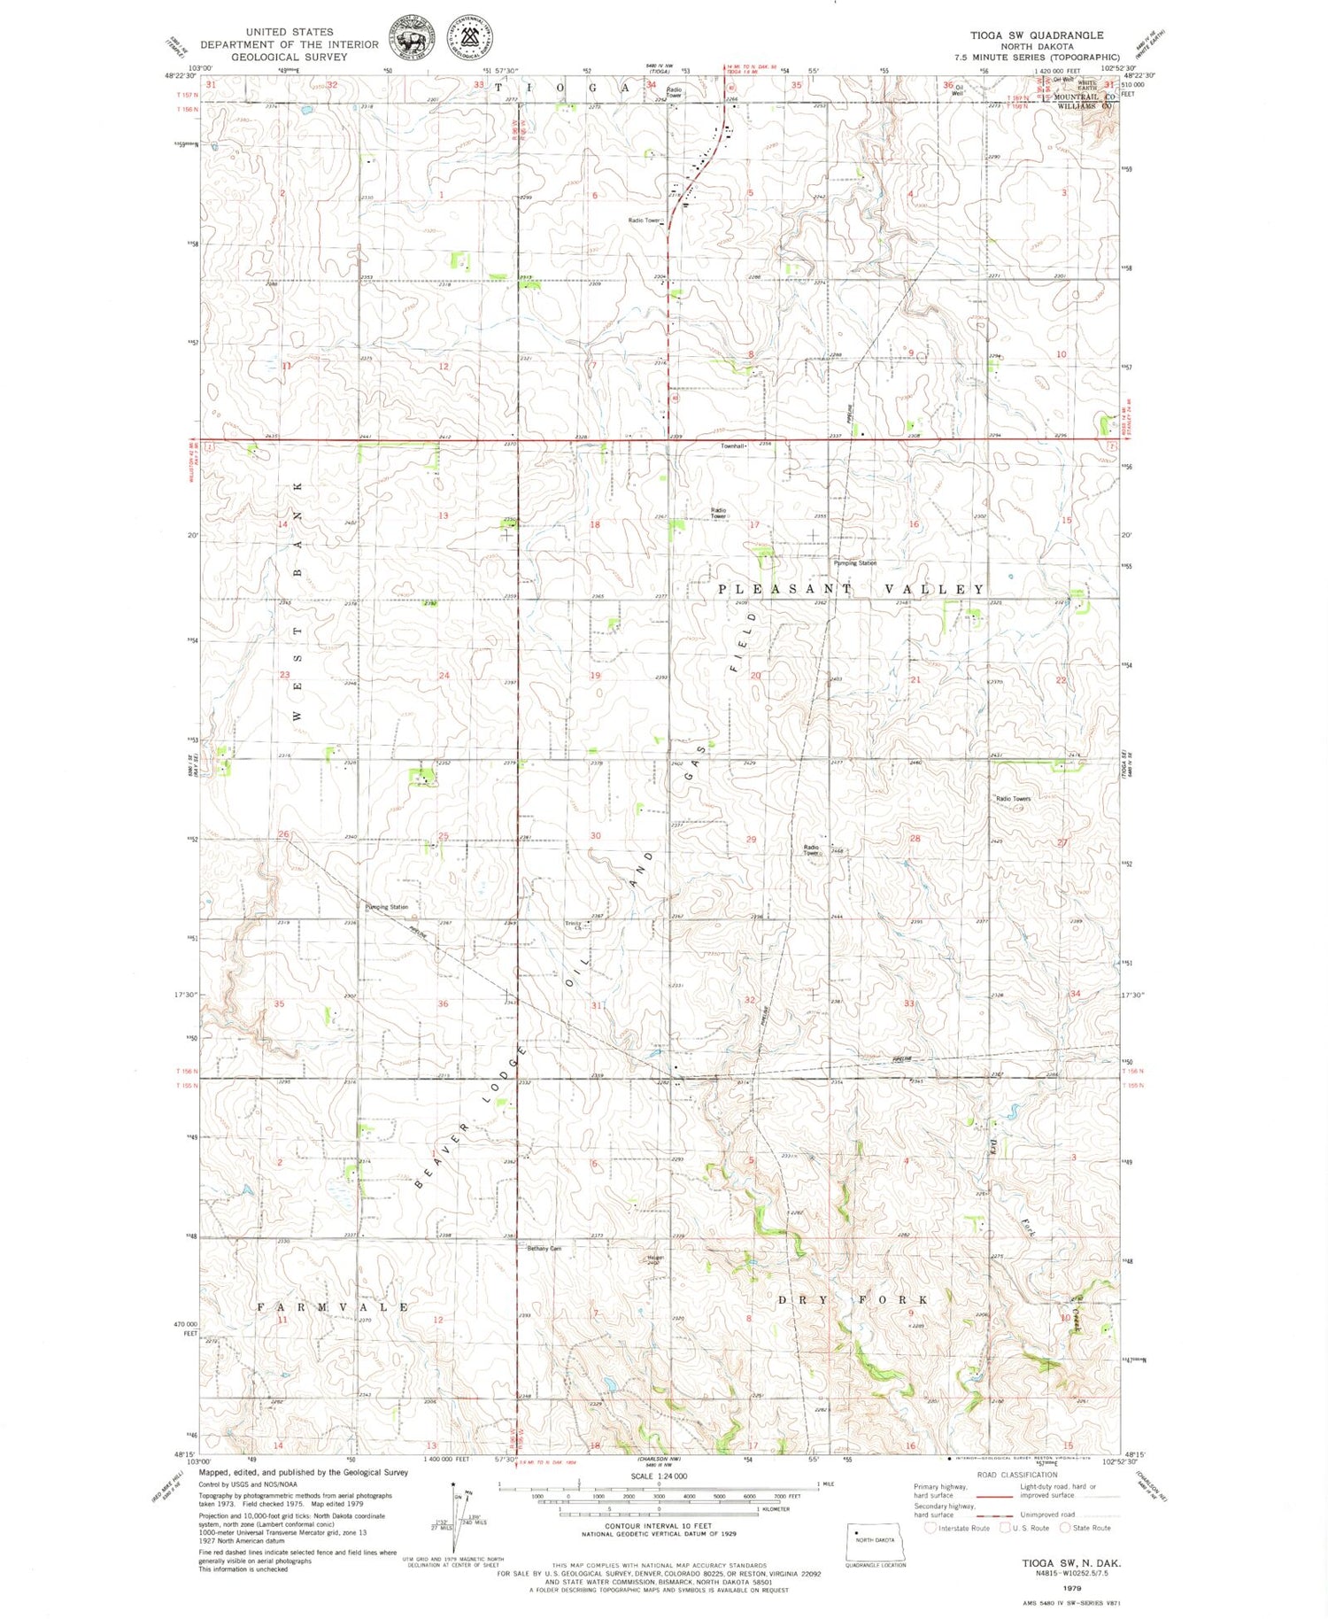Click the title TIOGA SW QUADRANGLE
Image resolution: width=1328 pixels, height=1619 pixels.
[x=1036, y=35]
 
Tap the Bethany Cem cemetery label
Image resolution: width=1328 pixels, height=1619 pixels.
[x=544, y=1249]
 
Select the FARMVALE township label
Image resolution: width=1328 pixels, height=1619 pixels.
[x=333, y=1307]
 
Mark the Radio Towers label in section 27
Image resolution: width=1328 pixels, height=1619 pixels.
[x=1014, y=799]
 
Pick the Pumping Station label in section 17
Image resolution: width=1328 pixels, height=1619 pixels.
[x=854, y=563]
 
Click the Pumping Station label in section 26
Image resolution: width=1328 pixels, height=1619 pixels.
[x=387, y=907]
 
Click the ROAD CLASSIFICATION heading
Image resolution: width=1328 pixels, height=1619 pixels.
[x=1017, y=1475]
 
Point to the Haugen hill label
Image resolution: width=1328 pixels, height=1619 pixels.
[x=655, y=1259]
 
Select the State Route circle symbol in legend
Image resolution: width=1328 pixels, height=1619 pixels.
[x=1066, y=1527]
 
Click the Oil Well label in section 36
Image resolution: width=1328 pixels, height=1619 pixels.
[x=958, y=89]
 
